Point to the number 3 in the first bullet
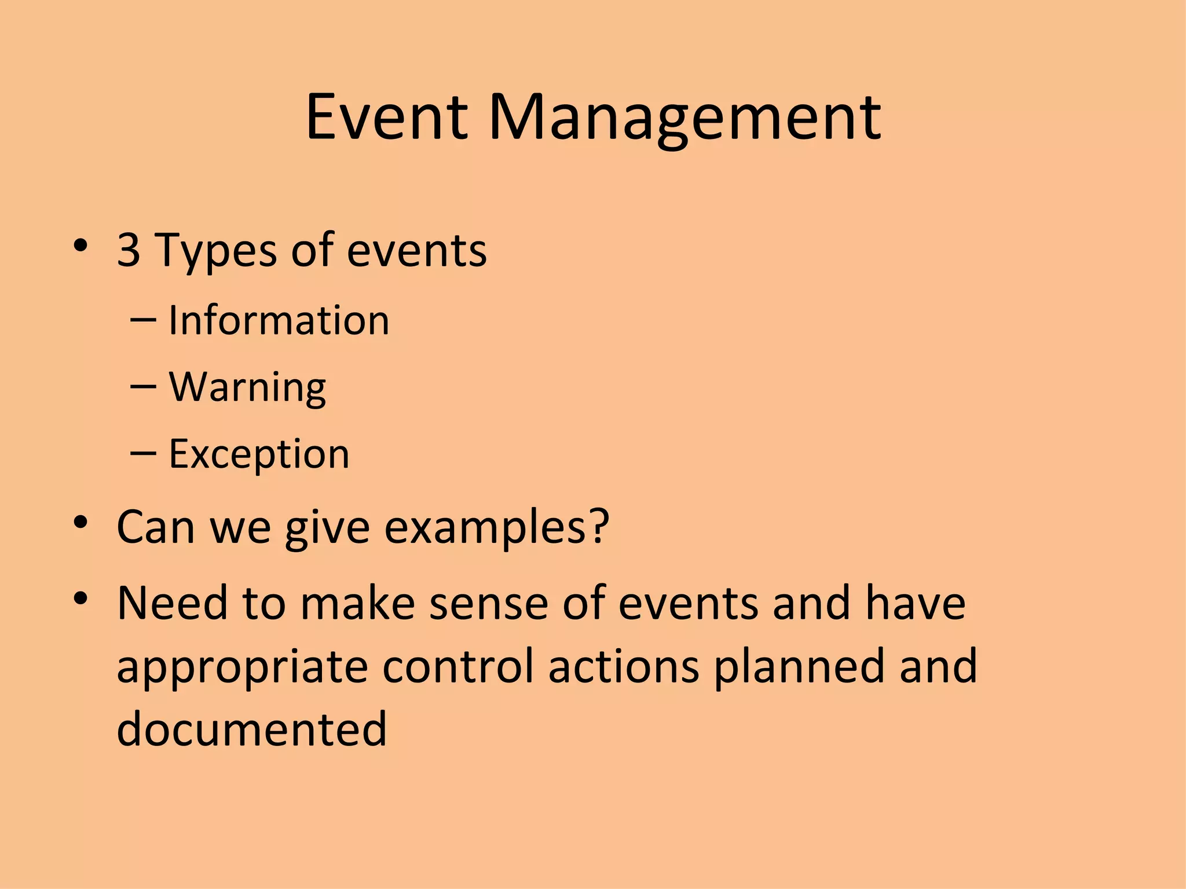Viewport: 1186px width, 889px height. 129,250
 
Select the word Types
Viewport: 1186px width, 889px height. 216,252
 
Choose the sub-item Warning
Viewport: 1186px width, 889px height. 247,388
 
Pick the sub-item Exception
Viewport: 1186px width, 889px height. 259,454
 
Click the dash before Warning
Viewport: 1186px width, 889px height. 143,386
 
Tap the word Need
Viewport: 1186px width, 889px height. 172,603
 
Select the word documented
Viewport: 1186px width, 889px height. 251,729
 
